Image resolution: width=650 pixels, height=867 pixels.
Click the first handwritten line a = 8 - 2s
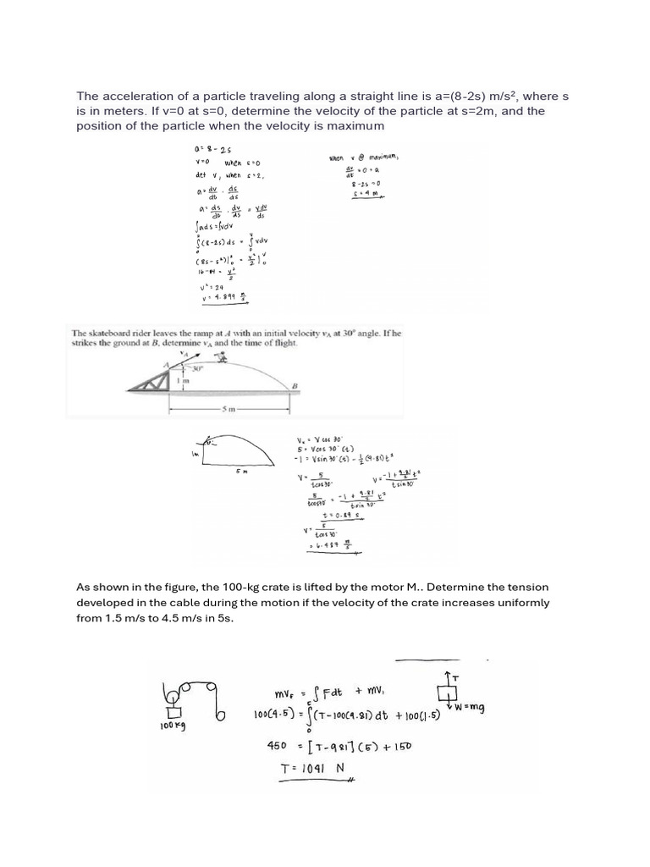[208, 149]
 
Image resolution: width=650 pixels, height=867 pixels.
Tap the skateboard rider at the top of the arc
[223, 359]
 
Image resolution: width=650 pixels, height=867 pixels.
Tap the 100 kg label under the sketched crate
[172, 727]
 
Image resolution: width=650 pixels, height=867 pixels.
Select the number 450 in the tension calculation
[280, 746]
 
